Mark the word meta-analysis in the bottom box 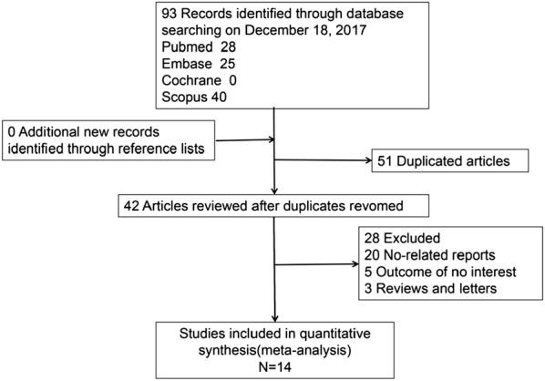310,345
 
